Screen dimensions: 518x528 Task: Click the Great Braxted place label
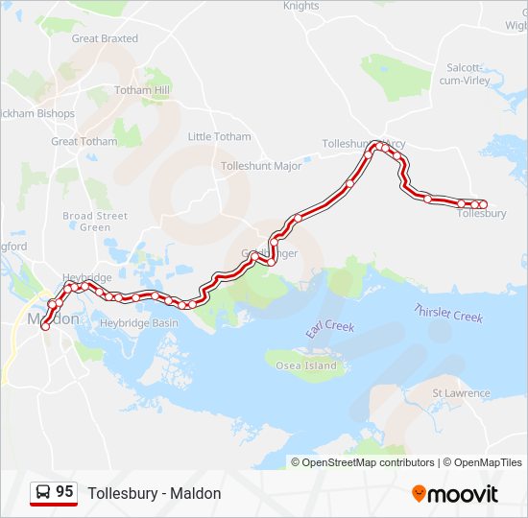coord(105,38)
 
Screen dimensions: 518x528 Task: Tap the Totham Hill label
coord(142,90)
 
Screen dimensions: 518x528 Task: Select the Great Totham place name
coord(84,141)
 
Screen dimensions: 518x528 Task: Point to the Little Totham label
coord(219,136)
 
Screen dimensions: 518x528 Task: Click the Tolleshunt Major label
coord(261,166)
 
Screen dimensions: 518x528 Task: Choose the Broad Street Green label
coord(95,222)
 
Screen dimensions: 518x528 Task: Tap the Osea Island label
coord(306,365)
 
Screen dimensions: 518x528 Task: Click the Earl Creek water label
coord(330,328)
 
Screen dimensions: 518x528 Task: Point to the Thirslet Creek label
coord(447,314)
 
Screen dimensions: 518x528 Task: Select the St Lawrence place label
coord(462,392)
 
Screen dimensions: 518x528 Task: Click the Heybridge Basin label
coord(139,323)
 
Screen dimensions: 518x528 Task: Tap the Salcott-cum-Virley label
coord(468,74)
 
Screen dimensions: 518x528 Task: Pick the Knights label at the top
coord(300,6)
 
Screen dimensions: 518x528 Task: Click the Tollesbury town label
coord(482,213)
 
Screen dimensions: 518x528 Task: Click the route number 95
coord(64,492)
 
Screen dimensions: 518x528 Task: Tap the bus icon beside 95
coord(43,493)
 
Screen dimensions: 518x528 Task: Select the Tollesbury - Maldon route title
coord(155,493)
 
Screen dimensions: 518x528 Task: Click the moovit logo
coord(455,494)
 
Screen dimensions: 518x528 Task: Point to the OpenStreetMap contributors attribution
coord(364,462)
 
